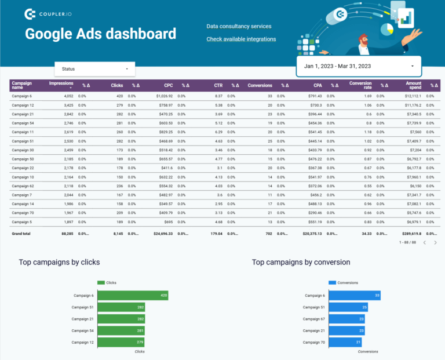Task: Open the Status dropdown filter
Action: tap(94, 69)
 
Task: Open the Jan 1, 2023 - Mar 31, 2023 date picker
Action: tap(359, 66)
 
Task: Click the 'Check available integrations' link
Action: tap(241, 39)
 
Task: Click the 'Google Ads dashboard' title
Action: tap(100, 33)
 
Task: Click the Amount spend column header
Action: tap(413, 85)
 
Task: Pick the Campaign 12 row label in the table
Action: tap(23, 106)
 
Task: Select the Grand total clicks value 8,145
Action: tap(116, 234)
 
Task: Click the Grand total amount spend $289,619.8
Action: tap(409, 234)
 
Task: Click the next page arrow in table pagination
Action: tap(437, 242)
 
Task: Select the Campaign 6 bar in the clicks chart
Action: tap(133, 295)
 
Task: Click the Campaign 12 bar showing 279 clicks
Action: tap(121, 342)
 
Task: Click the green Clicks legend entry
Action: tap(107, 283)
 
